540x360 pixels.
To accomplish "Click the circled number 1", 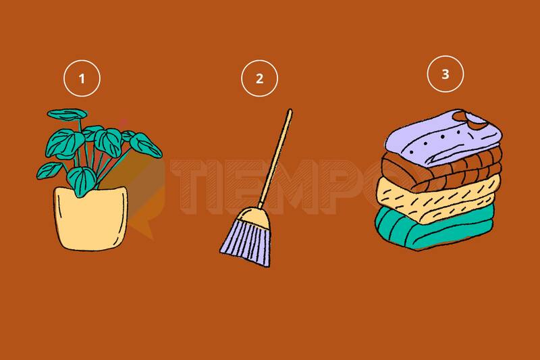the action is (x=82, y=78).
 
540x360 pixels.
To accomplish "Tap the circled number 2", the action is (x=259, y=78).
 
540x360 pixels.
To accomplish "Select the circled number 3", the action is (x=446, y=74).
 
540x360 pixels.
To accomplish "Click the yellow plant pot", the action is (x=91, y=218).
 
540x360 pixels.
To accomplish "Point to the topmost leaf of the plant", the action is (x=67, y=115).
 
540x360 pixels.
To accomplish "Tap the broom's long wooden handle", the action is (x=275, y=159).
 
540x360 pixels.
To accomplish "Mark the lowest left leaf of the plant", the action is (x=49, y=170).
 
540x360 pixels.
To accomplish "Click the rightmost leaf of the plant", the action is (x=146, y=145).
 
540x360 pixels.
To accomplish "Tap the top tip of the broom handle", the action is (x=290, y=110).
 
